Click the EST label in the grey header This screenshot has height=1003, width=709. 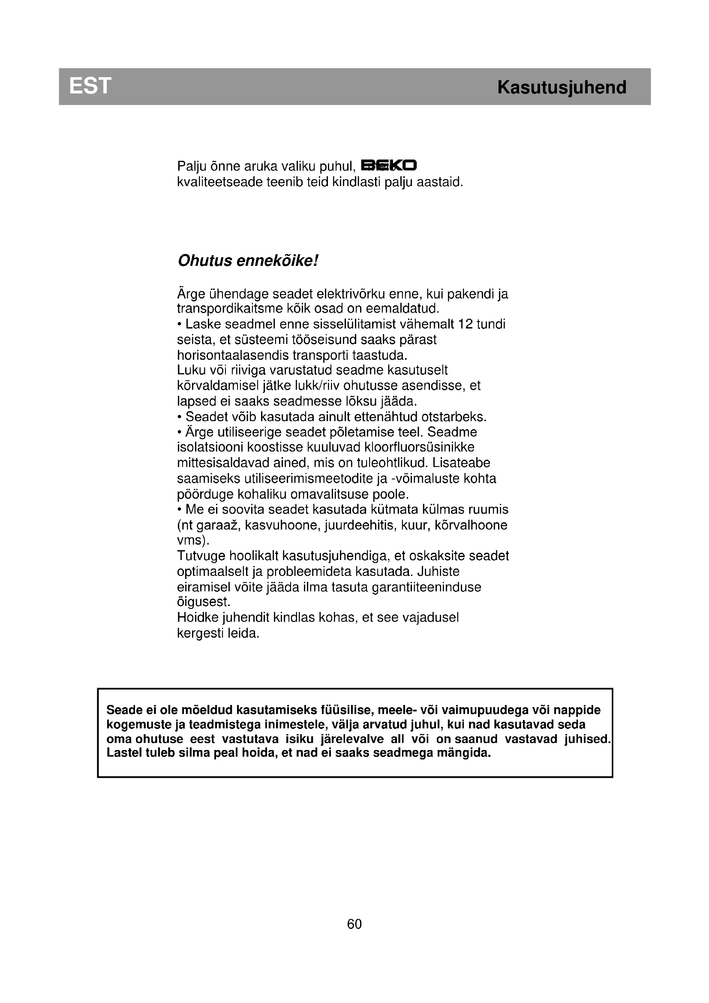coord(90,86)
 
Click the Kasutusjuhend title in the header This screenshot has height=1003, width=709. coord(562,87)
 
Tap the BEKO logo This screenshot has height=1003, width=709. coord(389,166)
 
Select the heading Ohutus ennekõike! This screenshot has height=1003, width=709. coord(248,261)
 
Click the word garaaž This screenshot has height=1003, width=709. coord(216,525)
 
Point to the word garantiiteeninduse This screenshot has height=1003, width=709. coord(426,587)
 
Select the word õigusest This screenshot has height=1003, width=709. coord(204,602)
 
